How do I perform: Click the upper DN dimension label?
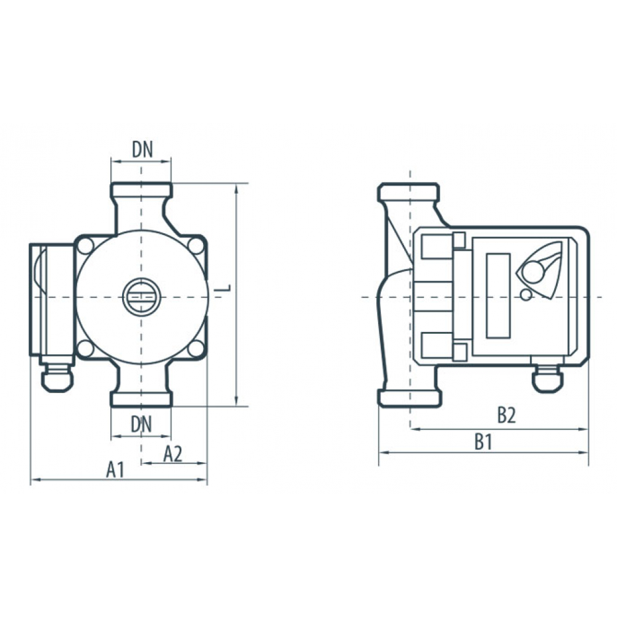142,149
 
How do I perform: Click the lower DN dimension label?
141,424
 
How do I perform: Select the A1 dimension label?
115,470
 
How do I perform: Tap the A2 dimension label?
173,454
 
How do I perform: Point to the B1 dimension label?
483,442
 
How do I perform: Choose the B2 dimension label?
506,415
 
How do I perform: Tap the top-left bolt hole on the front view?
85,246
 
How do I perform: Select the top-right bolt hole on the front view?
196,246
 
